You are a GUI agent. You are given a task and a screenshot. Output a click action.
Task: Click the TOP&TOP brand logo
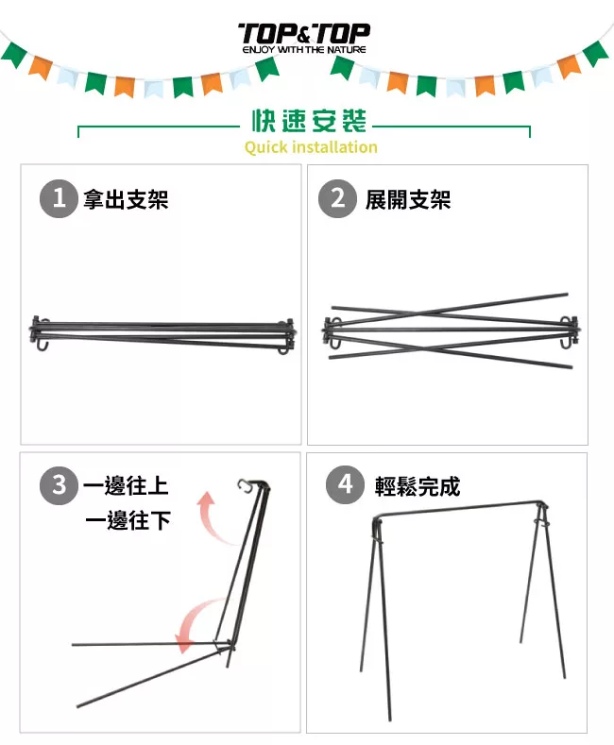(303, 34)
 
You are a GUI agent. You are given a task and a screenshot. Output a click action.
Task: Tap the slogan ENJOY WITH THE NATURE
(304, 49)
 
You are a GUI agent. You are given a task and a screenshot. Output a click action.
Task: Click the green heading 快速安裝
(309, 121)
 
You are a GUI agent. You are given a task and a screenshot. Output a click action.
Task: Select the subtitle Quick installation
(311, 146)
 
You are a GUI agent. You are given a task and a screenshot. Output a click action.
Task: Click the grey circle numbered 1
(59, 198)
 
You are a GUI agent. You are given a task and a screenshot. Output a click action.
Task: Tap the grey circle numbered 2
(337, 198)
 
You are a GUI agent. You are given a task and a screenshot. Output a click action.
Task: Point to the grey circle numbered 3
(59, 485)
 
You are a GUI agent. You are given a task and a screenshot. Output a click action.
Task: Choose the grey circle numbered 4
(345, 485)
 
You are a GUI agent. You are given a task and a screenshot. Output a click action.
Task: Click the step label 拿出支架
(126, 199)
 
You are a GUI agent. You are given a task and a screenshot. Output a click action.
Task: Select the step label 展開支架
(408, 199)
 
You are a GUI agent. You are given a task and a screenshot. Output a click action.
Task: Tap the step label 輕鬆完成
(418, 486)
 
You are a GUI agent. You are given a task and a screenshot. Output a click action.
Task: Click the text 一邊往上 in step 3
(126, 485)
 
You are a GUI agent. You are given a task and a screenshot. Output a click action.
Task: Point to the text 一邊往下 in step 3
(128, 520)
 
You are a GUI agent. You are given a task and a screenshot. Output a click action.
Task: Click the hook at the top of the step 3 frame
(244, 485)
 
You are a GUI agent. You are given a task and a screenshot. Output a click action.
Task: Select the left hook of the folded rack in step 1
(42, 343)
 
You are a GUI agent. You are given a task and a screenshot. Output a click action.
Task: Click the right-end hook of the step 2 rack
(566, 341)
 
